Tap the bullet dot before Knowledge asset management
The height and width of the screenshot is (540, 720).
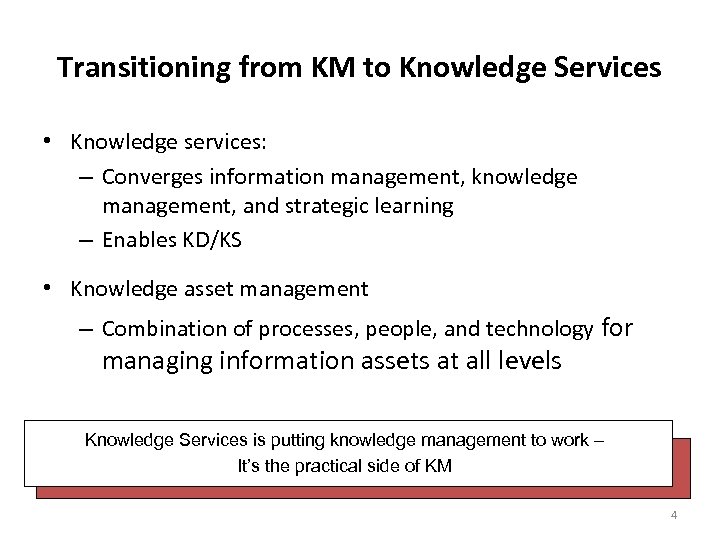click(48, 290)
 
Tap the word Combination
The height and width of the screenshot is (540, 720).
click(156, 329)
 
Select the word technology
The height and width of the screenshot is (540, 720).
click(542, 329)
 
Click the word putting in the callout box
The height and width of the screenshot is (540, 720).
click(324, 440)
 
